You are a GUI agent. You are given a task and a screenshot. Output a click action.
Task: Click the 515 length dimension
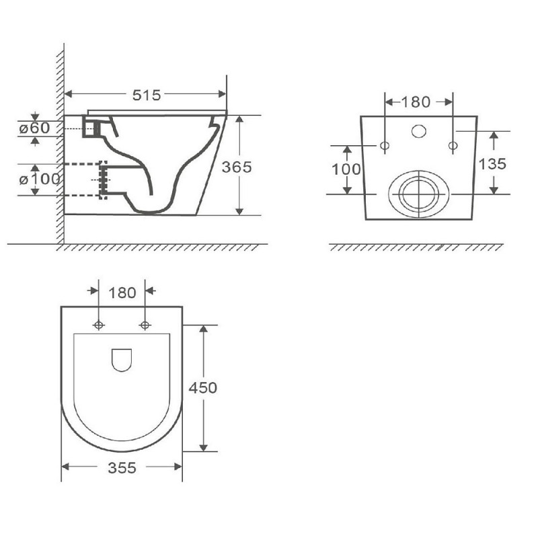[x=147, y=95]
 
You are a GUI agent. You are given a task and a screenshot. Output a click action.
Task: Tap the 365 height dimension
[x=237, y=167]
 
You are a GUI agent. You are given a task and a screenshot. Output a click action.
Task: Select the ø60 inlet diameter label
[x=35, y=128]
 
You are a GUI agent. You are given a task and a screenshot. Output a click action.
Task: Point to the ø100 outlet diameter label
[x=40, y=179]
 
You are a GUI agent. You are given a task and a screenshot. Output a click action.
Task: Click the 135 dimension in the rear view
[x=492, y=164]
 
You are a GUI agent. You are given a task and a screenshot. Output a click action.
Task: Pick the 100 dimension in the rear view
[x=346, y=169]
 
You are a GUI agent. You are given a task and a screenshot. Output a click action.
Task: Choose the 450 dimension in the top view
[x=203, y=388]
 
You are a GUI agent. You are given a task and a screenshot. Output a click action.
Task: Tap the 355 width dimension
[x=122, y=467]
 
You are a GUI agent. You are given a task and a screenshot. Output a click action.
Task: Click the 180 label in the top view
[x=122, y=293]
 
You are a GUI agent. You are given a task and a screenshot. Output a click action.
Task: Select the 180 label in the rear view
[x=416, y=102]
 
